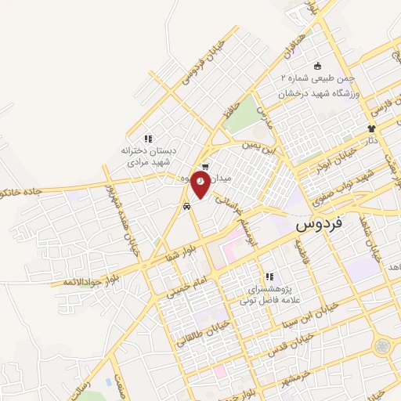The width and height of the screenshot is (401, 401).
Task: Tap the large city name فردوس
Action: coord(320,225)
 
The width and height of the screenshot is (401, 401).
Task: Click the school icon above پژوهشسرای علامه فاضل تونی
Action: coord(269,276)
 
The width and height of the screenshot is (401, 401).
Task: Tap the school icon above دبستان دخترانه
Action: coord(147,139)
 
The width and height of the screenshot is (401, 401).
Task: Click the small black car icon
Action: coord(186,207)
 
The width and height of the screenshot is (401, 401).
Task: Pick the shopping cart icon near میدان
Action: coord(204,166)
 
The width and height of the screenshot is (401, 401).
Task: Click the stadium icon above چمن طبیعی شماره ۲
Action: coord(317,67)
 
